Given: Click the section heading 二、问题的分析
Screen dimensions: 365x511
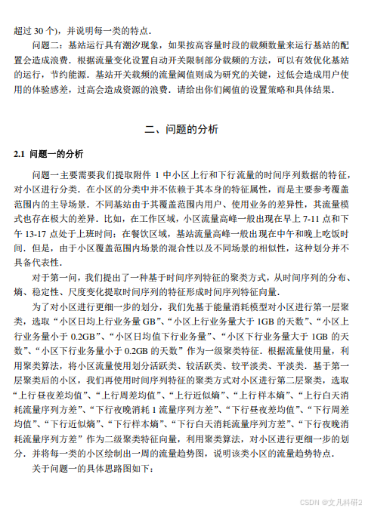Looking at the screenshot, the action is coord(182,129).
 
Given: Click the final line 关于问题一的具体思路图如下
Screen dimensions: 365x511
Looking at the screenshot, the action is coord(91,469).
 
